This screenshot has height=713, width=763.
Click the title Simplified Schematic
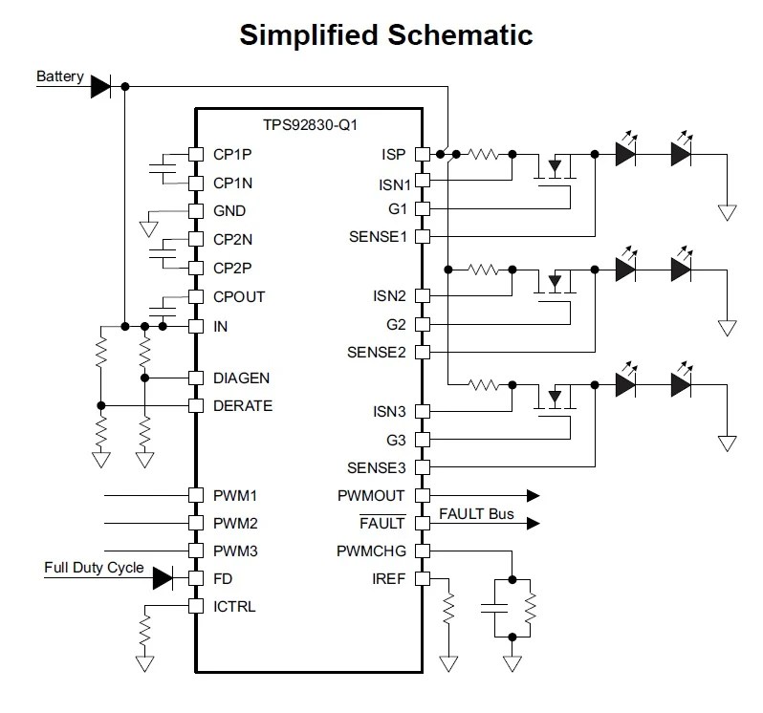(x=385, y=35)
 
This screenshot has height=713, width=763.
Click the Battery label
(x=59, y=76)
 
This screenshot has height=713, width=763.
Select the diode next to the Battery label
(x=101, y=87)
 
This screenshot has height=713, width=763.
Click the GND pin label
(x=229, y=210)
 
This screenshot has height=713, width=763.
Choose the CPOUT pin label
(x=239, y=296)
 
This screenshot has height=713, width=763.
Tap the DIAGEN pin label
(x=242, y=378)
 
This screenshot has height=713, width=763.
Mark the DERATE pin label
(x=243, y=405)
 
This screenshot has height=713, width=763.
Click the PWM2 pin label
(x=235, y=523)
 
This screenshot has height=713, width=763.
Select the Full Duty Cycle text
(x=94, y=568)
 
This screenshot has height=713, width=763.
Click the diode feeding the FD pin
(x=162, y=578)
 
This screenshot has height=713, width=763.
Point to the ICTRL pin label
(x=234, y=606)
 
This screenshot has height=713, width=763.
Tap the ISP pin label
(x=393, y=154)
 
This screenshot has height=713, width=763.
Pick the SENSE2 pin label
(x=377, y=352)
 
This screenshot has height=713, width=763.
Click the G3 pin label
(x=395, y=440)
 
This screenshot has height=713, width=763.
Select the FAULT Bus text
(x=476, y=514)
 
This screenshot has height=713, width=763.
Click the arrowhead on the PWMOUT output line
(x=533, y=496)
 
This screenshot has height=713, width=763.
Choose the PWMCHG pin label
(x=371, y=551)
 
